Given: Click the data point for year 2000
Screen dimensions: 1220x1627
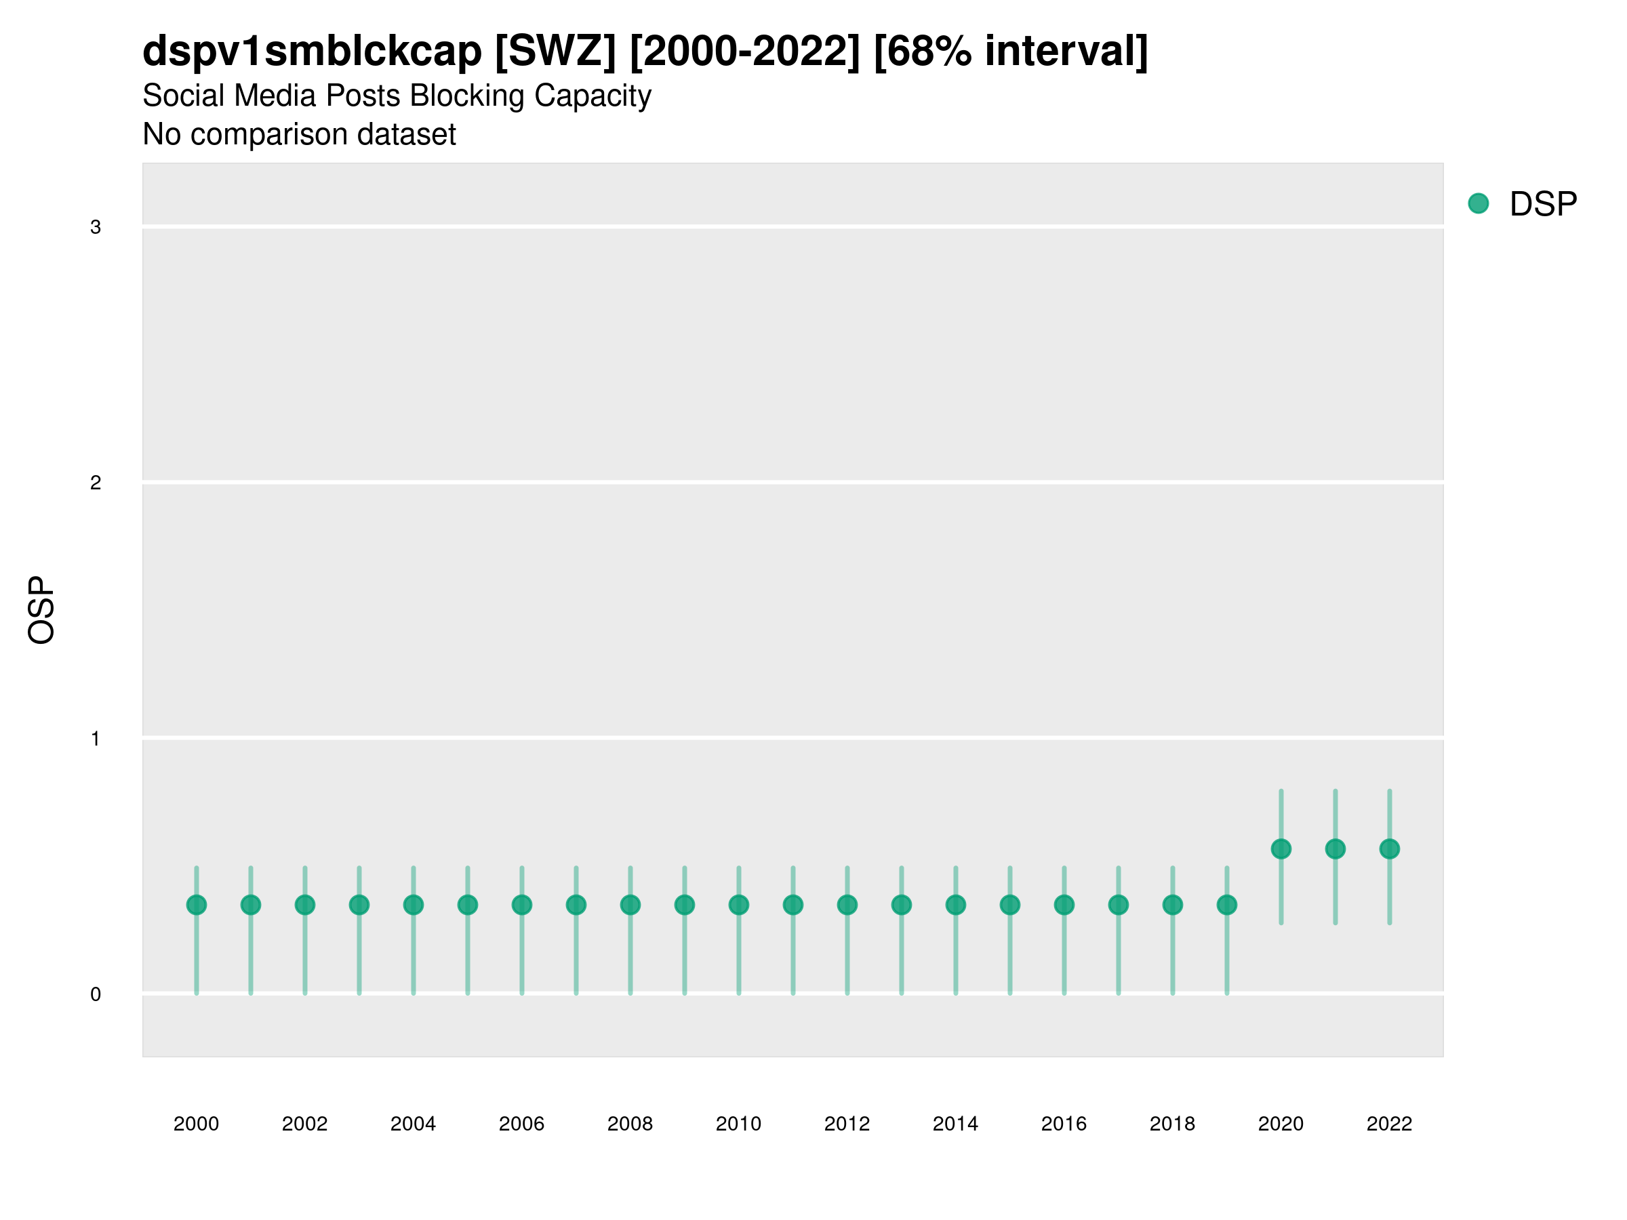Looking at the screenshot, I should point(197,905).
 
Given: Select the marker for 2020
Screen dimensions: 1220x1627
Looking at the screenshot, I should point(1281,849).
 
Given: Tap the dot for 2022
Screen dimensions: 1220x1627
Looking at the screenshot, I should point(1388,849).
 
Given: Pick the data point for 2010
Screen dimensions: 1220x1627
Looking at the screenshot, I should point(738,905).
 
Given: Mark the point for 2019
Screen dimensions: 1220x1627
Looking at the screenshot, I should point(1226,905).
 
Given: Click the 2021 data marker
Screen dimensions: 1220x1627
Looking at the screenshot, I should point(1335,849).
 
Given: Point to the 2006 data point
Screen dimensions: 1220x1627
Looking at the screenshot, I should point(521,905).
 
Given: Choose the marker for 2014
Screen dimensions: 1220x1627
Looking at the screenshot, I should point(955,905).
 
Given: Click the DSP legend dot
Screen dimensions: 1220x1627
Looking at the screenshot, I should point(1478,203).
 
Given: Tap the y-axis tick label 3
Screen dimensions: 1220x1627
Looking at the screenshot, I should point(96,227).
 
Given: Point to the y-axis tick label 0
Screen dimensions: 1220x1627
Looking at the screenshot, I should point(96,994).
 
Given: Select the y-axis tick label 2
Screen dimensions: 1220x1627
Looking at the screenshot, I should point(96,483).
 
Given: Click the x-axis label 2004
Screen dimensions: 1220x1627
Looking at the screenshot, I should point(413,1124).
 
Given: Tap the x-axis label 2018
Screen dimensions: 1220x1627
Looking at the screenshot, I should point(1171,1124).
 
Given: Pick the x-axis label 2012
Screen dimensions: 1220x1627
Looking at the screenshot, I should point(847,1124).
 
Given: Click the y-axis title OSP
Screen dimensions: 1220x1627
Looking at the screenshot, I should point(41,609).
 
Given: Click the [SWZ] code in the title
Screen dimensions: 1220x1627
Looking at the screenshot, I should point(555,52).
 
